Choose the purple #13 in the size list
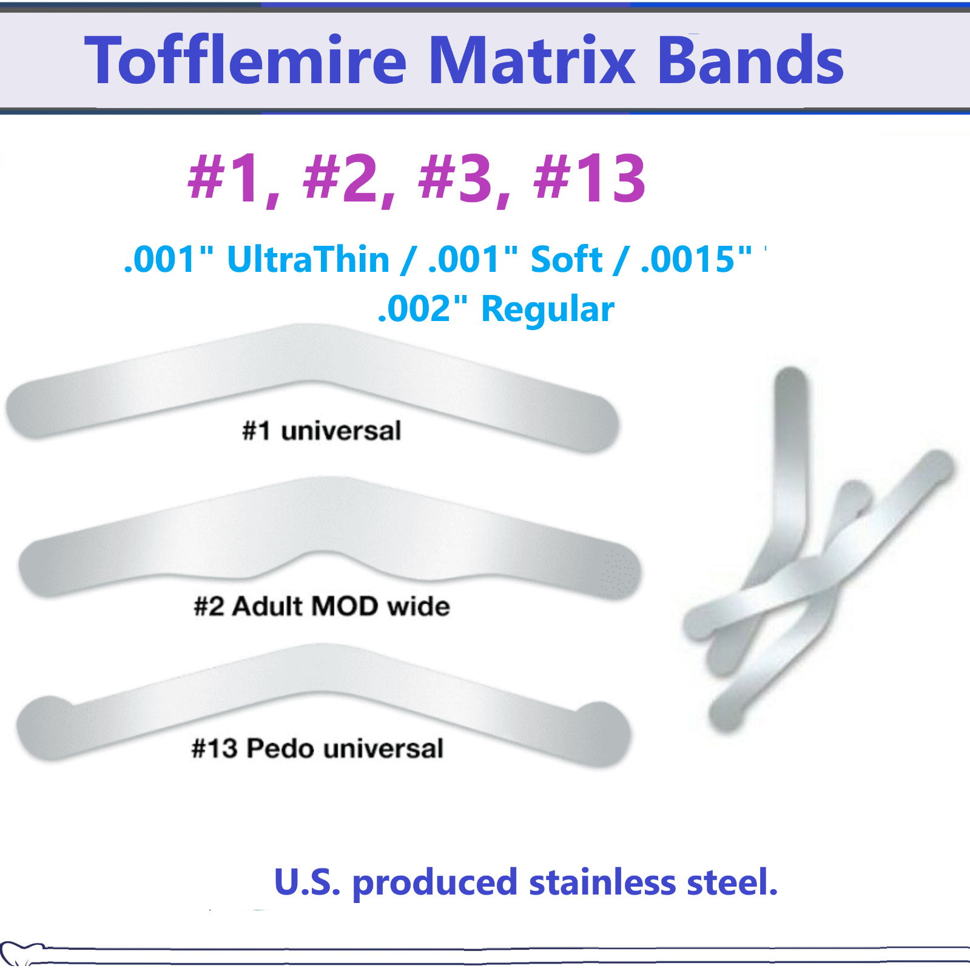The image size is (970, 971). tap(589, 178)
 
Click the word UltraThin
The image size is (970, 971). tap(308, 260)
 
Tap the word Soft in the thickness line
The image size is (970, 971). tap(567, 260)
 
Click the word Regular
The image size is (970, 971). tap(547, 310)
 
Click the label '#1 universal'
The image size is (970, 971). tap(322, 431)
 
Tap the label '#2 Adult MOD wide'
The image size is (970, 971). tap(322, 606)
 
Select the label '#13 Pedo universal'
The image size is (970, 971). tap(317, 748)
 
